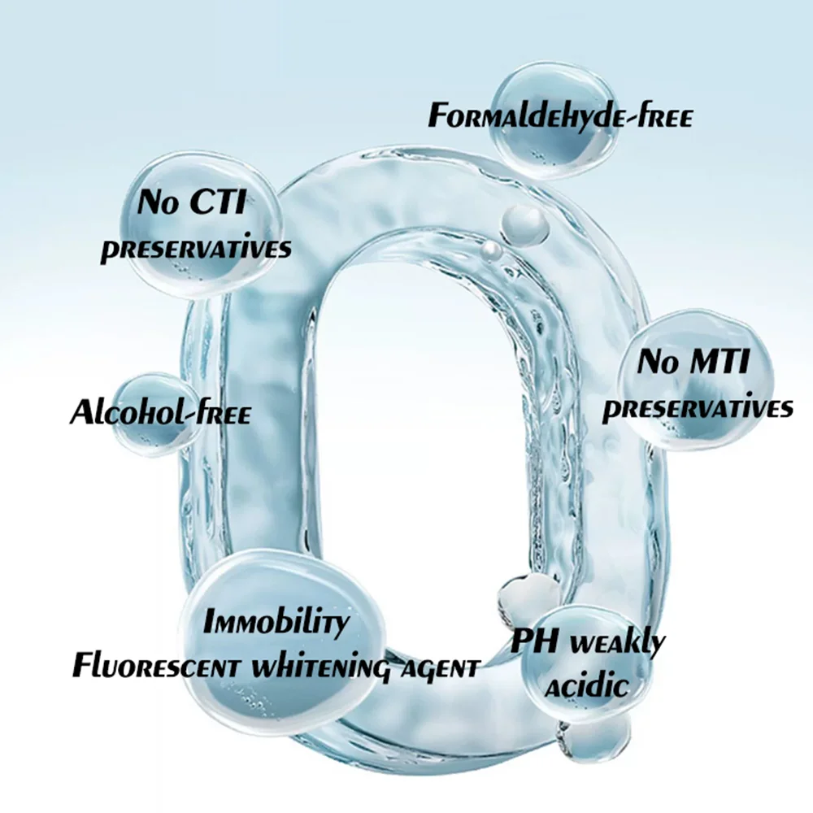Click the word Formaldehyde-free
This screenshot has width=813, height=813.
click(560, 115)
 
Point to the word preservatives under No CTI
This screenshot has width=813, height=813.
click(195, 248)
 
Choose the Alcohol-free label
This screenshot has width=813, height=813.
click(160, 412)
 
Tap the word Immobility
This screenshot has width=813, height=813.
click(276, 624)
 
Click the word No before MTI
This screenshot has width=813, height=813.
click(658, 361)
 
